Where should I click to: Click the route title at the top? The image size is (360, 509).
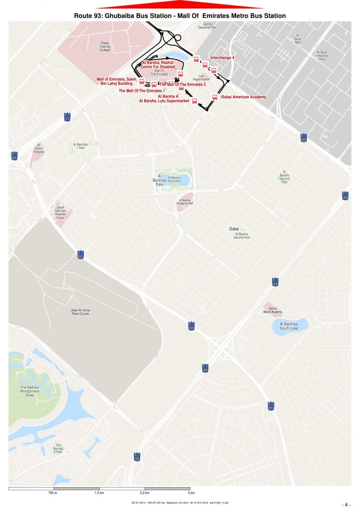(x=180, y=16)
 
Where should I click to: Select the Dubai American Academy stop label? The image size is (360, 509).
(x=244, y=97)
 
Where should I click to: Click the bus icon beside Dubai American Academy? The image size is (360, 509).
(x=215, y=97)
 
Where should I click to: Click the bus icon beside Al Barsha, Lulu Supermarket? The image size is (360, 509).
(x=194, y=101)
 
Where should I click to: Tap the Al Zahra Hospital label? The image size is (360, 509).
(x=39, y=149)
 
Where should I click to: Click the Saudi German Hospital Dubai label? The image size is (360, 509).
(x=61, y=212)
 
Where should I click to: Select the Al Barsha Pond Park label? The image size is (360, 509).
(x=175, y=179)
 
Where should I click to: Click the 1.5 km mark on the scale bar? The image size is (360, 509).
(x=99, y=493)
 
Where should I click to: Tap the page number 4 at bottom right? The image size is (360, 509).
(x=347, y=503)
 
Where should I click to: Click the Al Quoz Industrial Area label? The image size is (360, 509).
(x=321, y=55)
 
